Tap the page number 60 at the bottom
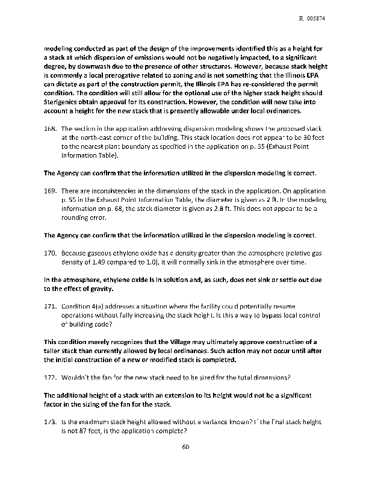click(185, 446)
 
